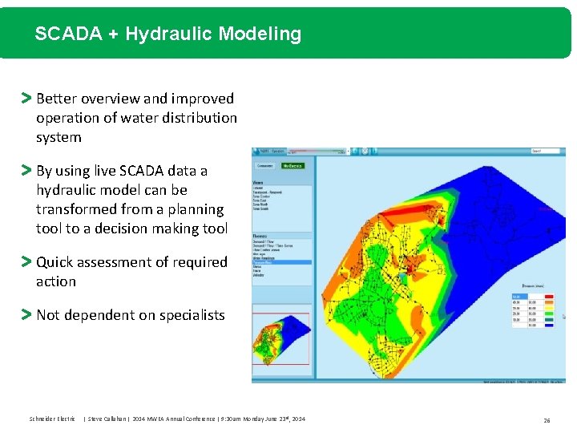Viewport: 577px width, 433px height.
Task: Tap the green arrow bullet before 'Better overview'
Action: pyautogui.click(x=26, y=99)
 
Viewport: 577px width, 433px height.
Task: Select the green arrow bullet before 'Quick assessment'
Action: pyautogui.click(x=26, y=262)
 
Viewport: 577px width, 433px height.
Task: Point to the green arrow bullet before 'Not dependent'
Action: pyautogui.click(x=26, y=315)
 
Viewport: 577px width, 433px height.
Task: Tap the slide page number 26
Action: pyautogui.click(x=546, y=419)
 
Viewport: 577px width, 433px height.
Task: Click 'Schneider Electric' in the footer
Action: pyautogui.click(x=52, y=419)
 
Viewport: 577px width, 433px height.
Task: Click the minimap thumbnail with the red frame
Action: pyautogui.click(x=280, y=338)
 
